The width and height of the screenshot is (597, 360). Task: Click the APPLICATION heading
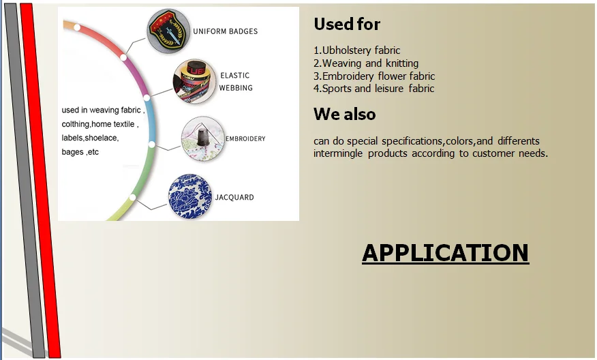[445, 253]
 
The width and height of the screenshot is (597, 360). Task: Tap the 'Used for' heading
[347, 25]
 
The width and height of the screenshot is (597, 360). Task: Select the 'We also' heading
[344, 114]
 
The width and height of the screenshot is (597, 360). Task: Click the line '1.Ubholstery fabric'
[356, 50]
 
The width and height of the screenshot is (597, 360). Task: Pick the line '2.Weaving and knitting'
[366, 63]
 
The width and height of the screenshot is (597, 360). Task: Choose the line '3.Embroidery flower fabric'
[373, 76]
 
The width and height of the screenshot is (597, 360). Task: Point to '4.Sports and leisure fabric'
[373, 89]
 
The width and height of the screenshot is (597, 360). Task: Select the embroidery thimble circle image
[202, 139]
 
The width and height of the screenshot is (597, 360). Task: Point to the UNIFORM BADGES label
[225, 31]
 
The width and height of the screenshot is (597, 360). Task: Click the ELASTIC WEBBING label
[235, 82]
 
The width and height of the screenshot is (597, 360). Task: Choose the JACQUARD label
[234, 198]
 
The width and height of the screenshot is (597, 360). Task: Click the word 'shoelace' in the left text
[102, 138]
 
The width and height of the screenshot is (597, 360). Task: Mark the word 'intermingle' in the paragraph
[338, 154]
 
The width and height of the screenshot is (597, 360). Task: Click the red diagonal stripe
[40, 177]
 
